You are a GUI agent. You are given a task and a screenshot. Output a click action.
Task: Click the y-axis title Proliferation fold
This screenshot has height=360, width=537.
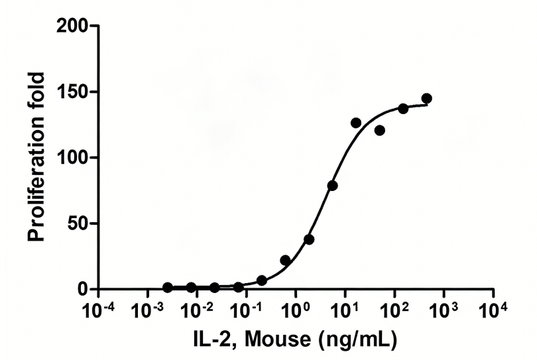click(x=38, y=158)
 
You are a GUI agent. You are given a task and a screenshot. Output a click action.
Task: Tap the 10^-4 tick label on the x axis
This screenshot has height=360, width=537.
click(x=98, y=310)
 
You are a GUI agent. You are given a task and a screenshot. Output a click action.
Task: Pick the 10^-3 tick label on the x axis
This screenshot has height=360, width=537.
click(x=148, y=310)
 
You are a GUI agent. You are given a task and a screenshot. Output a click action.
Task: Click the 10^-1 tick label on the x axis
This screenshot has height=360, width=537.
click(x=247, y=310)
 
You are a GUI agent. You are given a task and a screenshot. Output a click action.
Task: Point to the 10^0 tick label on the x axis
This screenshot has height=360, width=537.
click(x=296, y=310)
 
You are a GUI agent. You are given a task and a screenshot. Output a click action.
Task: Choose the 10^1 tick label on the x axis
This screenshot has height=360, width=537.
click(x=345, y=310)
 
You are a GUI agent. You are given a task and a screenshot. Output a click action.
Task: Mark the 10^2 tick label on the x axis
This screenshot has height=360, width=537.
click(x=394, y=310)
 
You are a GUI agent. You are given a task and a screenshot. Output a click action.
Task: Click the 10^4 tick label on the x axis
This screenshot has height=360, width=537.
click(x=494, y=310)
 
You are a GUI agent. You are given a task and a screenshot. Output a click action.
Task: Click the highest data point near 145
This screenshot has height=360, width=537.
click(x=426, y=99)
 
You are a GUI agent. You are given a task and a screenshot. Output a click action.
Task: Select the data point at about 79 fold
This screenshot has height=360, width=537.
click(x=332, y=186)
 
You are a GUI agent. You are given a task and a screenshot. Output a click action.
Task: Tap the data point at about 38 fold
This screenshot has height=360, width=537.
click(x=309, y=239)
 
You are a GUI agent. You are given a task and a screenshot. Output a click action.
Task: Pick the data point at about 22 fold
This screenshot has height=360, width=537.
click(x=285, y=260)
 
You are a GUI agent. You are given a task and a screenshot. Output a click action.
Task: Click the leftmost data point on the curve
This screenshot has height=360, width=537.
click(x=168, y=288)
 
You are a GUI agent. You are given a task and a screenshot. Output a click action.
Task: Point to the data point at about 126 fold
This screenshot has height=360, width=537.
click(x=356, y=123)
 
